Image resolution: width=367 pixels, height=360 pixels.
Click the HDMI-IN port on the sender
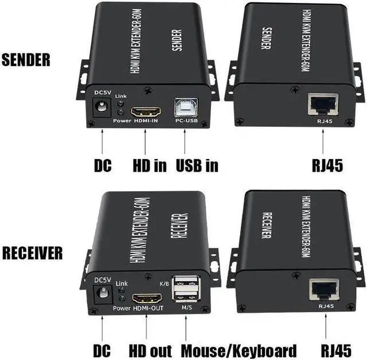coord(146,111)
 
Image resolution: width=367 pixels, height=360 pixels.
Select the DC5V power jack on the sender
coord(102,107)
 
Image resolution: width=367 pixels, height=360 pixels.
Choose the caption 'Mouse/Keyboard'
coord(239,351)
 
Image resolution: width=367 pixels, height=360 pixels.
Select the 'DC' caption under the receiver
coord(103,351)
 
